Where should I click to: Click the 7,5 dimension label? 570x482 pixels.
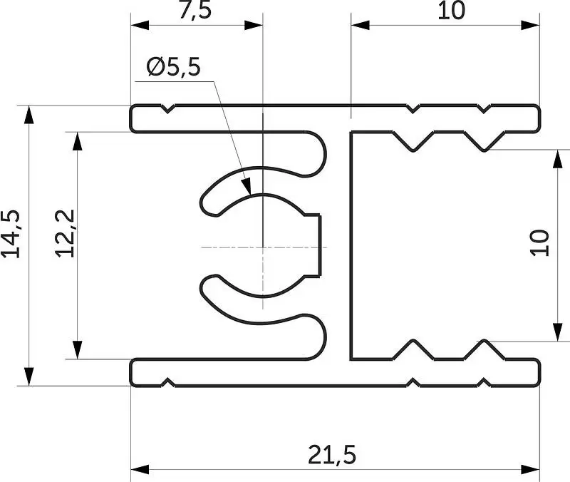(x=195, y=10)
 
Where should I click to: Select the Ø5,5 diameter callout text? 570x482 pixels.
(x=173, y=67)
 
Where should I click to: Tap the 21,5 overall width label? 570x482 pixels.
(x=332, y=455)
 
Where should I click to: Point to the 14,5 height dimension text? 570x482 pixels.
(x=11, y=234)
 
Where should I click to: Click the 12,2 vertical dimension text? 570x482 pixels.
(x=66, y=233)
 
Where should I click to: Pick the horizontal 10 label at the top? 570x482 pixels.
(x=451, y=11)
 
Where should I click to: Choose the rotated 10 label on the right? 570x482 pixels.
(x=539, y=243)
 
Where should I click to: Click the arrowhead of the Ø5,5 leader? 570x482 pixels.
(x=247, y=186)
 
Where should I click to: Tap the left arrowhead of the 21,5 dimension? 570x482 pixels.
(x=140, y=470)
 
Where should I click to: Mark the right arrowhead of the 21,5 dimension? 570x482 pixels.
(x=530, y=470)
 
